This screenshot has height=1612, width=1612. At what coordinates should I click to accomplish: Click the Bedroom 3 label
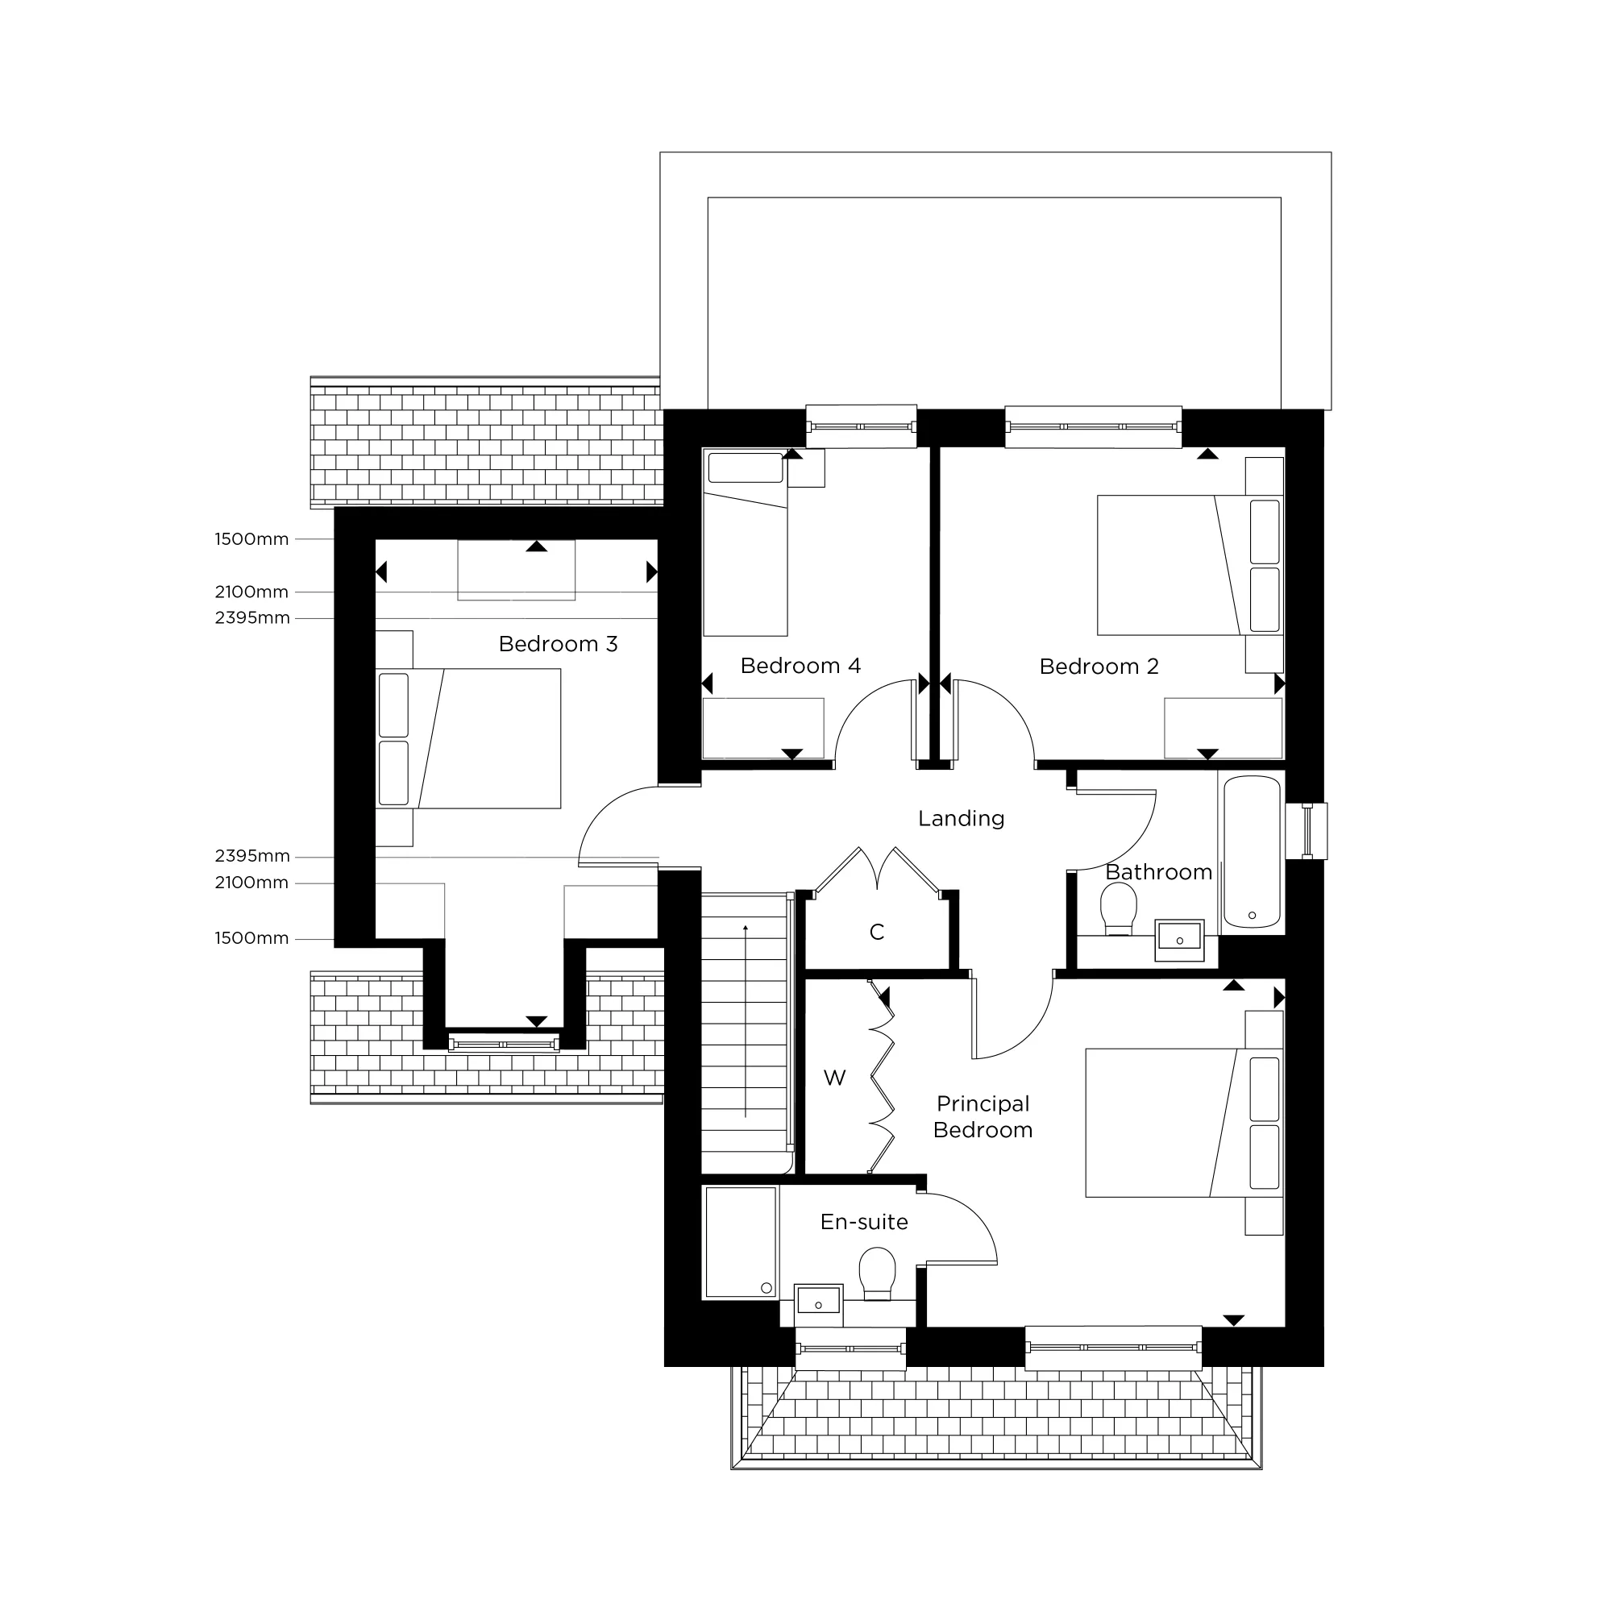[x=558, y=644]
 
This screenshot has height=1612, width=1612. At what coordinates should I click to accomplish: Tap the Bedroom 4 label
[x=800, y=666]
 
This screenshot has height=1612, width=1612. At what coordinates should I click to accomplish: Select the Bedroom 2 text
[x=1099, y=667]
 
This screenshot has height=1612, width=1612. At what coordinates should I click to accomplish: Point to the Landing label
[x=962, y=819]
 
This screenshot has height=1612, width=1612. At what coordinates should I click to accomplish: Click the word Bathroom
[x=1158, y=873]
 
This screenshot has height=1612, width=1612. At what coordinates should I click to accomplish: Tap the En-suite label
[x=863, y=1223]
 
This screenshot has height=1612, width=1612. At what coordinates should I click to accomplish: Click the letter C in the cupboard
[x=876, y=932]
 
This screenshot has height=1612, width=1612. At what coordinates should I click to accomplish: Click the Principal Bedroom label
[x=983, y=1117]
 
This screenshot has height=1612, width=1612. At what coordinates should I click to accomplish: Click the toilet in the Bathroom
[x=1119, y=909]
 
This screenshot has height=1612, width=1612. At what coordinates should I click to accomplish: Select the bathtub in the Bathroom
[x=1252, y=852]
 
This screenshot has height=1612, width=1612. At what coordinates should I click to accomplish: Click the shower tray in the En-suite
[x=741, y=1242]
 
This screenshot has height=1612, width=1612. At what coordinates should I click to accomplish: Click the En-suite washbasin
[x=817, y=1305]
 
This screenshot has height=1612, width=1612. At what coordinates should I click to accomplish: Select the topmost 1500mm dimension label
[x=252, y=540]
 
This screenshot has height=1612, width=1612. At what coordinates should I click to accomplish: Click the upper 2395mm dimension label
[x=252, y=618]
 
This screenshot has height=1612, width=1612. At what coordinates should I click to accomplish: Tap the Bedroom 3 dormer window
[x=503, y=1044]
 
